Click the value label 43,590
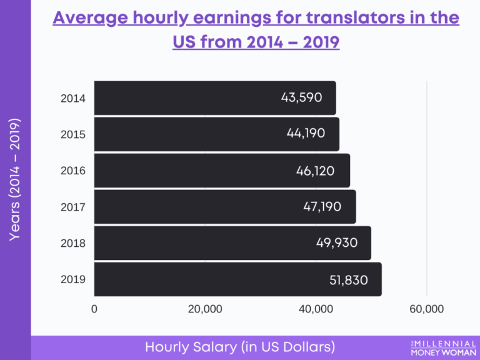[302, 97]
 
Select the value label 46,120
[316, 170]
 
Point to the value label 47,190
[322, 206]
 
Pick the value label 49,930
[337, 242]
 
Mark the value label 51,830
[348, 280]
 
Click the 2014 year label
[73, 98]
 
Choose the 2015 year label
[73, 134]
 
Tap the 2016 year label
[73, 171]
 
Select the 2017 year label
[73, 207]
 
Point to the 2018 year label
[73, 243]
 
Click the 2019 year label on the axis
[73, 279]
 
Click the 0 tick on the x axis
[94, 309]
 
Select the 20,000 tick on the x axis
[205, 309]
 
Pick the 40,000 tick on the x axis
[316, 309]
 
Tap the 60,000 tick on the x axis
[426, 309]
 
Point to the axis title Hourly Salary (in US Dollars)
[240, 347]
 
